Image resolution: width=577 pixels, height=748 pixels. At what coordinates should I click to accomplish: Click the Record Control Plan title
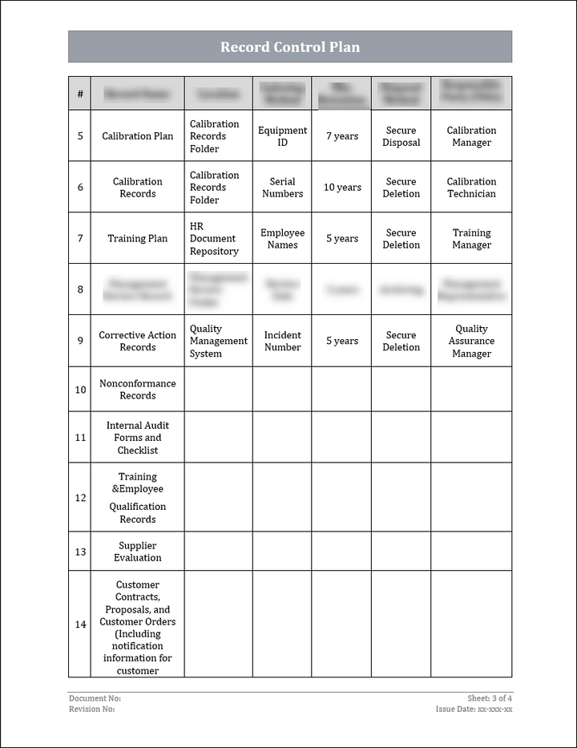(289, 47)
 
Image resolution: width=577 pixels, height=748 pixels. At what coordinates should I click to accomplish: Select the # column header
(80, 94)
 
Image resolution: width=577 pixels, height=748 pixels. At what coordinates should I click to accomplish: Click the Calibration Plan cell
(137, 136)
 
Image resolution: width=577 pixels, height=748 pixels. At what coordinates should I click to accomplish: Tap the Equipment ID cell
(282, 136)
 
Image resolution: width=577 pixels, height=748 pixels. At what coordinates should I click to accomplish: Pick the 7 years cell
(342, 136)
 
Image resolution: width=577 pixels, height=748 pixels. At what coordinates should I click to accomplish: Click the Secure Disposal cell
(401, 136)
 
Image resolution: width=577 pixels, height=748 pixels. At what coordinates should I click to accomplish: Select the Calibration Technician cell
(471, 188)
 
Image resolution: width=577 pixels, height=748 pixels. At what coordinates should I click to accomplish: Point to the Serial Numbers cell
(282, 188)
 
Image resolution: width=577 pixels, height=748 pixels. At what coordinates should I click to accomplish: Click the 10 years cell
(342, 188)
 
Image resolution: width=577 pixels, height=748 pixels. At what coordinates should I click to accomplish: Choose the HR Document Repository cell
(214, 239)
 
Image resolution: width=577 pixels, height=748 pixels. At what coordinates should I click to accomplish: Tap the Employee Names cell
(282, 239)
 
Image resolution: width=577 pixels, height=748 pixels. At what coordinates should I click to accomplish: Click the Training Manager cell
(471, 239)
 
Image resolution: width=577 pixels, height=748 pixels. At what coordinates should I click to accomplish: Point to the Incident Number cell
(282, 341)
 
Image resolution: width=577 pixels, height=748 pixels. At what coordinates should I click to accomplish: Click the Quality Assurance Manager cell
(471, 341)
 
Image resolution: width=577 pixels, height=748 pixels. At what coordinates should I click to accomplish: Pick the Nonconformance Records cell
(137, 390)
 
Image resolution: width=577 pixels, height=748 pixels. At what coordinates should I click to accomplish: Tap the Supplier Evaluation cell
(137, 552)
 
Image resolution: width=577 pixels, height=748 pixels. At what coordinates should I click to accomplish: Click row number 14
(80, 625)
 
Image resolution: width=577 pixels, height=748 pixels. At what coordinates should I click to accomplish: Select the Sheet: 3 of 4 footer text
(490, 698)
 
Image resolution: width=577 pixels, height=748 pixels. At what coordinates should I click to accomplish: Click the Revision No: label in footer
(92, 709)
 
